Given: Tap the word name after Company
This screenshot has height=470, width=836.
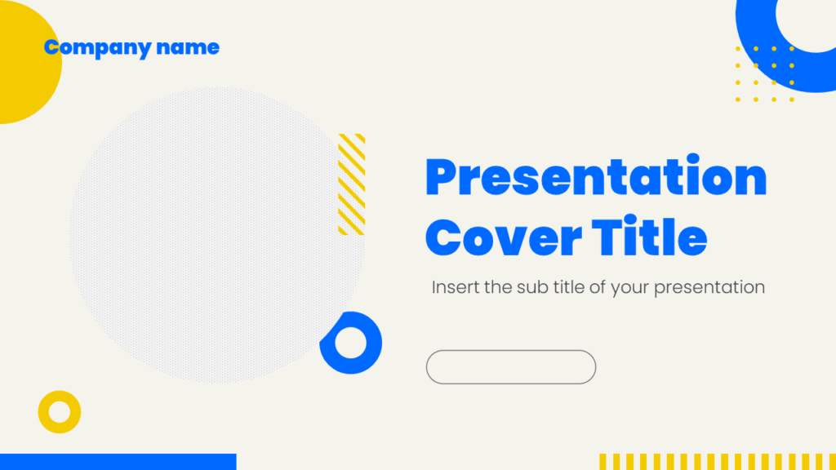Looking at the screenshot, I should click(x=188, y=47).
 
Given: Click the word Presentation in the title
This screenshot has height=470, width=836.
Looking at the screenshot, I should click(x=596, y=178).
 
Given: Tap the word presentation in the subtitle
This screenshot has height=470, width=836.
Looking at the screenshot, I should click(x=709, y=287).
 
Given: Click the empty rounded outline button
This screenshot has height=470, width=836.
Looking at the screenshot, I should click(x=511, y=367).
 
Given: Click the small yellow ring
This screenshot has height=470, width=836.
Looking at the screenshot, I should click(x=60, y=412).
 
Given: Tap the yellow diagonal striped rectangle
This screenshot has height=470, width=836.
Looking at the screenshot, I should click(x=352, y=184).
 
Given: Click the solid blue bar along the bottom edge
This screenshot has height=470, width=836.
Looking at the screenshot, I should click(x=118, y=462).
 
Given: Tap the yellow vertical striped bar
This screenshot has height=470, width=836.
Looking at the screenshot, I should click(x=717, y=462).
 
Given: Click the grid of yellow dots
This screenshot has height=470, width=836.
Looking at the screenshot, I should click(x=765, y=74).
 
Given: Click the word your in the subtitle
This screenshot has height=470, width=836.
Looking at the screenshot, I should click(x=629, y=287).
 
